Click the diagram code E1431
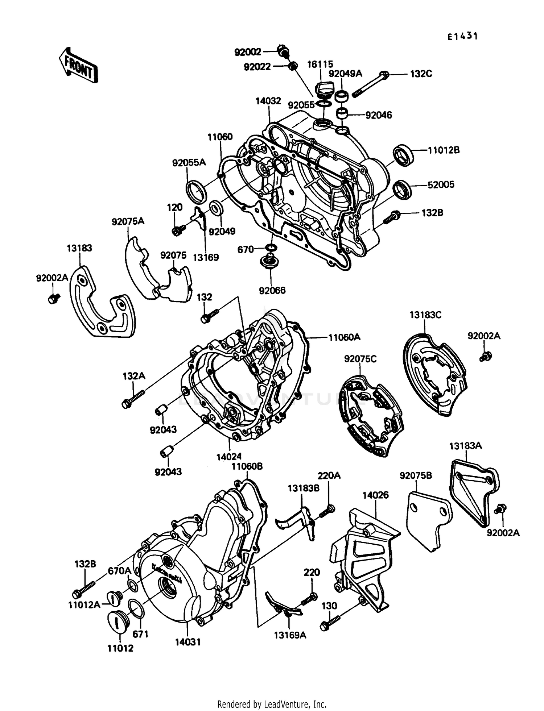coord(462,36)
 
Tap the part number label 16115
coord(320,65)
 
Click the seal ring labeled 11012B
coord(403,155)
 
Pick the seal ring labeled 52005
coord(403,190)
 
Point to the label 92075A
coord(128,221)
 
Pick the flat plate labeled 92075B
coord(428,518)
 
